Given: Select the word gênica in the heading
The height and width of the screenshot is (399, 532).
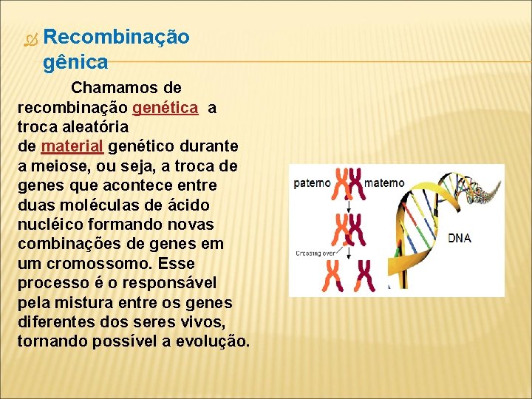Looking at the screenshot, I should (75, 61).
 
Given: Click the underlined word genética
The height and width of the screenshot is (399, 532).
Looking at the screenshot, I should (166, 108).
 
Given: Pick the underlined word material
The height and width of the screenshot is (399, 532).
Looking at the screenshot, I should (72, 146).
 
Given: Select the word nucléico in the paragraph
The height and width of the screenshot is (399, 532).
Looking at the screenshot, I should (51, 223).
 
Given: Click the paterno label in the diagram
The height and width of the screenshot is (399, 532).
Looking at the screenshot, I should (312, 183).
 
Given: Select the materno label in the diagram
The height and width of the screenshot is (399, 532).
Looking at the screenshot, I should (385, 183).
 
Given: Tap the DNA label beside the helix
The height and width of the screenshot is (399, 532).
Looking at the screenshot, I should (460, 238).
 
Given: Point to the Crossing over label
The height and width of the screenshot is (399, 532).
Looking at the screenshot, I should (315, 252).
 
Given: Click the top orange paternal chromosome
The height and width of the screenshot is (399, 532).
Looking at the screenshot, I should (342, 183).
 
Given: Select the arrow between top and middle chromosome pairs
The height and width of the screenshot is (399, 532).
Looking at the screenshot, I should (349, 205).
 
